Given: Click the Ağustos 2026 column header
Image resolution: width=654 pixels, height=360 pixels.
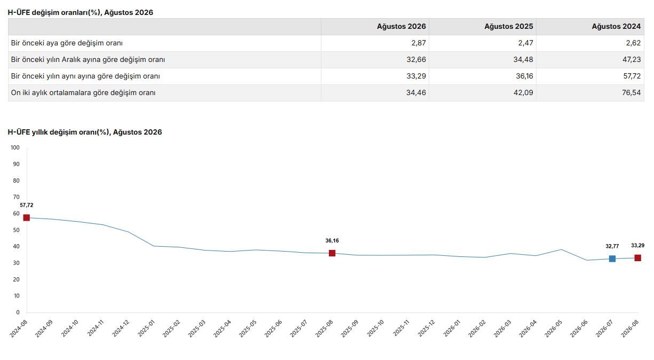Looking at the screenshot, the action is [401, 27].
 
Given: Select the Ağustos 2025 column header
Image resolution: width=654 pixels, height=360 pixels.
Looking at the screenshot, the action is [509, 27].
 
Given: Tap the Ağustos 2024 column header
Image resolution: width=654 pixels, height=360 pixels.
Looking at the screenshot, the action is [616, 27].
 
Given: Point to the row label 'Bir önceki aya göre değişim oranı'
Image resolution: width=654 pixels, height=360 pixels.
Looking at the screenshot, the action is [67, 43].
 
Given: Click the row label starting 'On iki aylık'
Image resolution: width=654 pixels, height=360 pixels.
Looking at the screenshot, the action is [83, 92].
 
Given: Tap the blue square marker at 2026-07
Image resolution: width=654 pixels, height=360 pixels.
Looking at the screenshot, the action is [612, 259].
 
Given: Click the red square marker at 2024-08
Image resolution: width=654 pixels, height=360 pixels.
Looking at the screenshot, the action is [27, 218].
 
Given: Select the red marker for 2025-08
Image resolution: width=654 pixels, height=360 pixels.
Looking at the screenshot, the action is [332, 253].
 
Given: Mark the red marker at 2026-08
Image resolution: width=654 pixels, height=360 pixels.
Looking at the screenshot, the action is [637, 258].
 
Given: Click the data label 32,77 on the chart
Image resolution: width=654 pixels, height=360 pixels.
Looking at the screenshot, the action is [612, 246].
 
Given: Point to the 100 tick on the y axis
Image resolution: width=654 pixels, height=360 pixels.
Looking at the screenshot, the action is [15, 147].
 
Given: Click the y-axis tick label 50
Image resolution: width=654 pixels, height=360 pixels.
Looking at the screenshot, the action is [17, 230].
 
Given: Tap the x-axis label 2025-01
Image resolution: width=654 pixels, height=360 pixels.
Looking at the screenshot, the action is [146, 328].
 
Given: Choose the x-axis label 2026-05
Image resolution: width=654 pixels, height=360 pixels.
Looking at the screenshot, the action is [554, 328].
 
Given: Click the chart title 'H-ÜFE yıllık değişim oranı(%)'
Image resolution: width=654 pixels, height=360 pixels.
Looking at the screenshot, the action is [58, 132].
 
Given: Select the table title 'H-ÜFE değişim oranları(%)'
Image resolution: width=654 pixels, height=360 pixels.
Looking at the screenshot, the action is [54, 13].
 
